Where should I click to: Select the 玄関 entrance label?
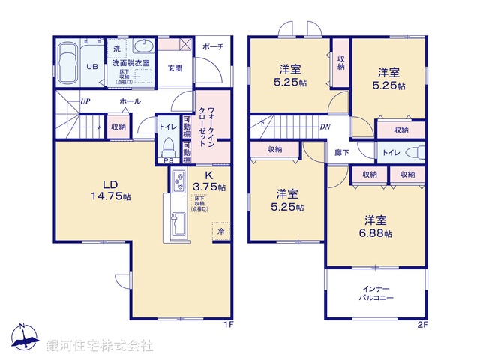click(x=175, y=68)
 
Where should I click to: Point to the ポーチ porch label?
click(x=214, y=46)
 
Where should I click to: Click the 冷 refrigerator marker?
click(x=220, y=232)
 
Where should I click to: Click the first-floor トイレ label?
click(x=167, y=127)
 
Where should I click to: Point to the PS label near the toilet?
click(x=169, y=160)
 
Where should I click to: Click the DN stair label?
click(x=325, y=127)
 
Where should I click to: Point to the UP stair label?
click(x=86, y=100)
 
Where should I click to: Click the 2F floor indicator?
click(x=422, y=325)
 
